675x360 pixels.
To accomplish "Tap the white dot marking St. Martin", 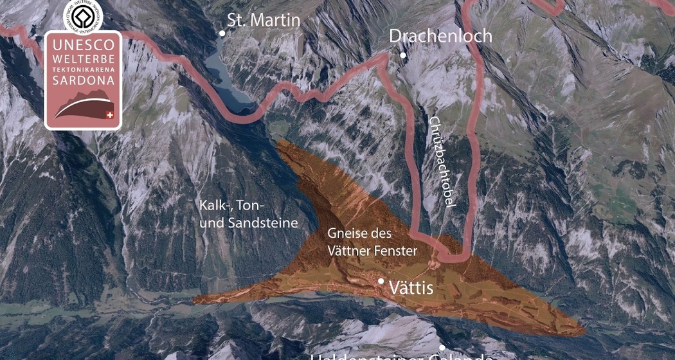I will pos(222,33).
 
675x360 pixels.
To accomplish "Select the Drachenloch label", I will pos(440,36).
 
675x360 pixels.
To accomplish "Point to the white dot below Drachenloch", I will pos(403,55).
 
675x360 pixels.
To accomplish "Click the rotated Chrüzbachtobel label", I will pos(442,161).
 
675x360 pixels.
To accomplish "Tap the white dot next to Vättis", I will pos(381,281).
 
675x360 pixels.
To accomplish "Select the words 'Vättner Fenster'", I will pos(372,251).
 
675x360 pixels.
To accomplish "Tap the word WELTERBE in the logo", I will pos(83,60).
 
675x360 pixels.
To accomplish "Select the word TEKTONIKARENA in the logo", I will pos(83,70).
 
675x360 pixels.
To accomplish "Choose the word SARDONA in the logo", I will pos(83,81).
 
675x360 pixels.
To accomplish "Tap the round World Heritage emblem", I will pos(83,16).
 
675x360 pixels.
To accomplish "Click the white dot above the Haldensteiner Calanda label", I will pos(442,348).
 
